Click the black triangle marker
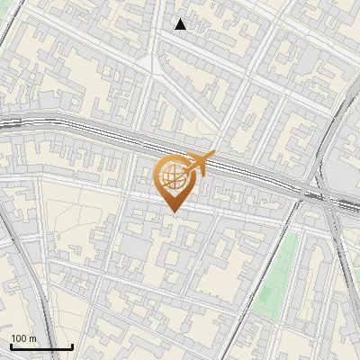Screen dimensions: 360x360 tap(181, 24)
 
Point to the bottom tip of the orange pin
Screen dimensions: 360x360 tap(174, 211)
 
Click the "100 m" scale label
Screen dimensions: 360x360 tap(23, 338)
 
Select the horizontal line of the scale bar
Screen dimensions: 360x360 tap(40, 346)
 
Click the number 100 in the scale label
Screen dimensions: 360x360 tap(19, 338)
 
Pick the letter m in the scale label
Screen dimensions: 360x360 tap(32, 338)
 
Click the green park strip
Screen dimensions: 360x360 tap(279, 274)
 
